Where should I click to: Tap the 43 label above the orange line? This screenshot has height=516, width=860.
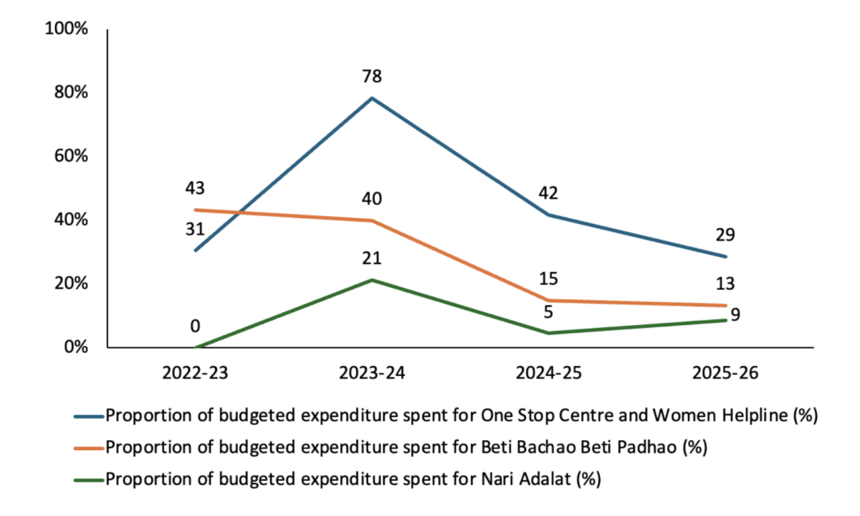click(195, 189)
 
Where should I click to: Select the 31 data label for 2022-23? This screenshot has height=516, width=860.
click(195, 230)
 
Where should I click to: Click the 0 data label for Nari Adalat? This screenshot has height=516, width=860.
click(195, 327)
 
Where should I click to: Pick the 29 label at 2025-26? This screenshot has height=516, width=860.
click(725, 235)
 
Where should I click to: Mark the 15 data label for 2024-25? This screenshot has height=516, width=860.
click(548, 279)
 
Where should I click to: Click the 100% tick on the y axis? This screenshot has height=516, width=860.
click(66, 30)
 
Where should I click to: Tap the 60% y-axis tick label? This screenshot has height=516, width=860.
click(70, 156)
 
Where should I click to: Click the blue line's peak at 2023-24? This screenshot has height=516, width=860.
click(371, 98)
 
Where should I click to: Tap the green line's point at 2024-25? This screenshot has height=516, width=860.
click(548, 333)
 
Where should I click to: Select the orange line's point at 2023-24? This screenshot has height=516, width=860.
click(371, 220)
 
